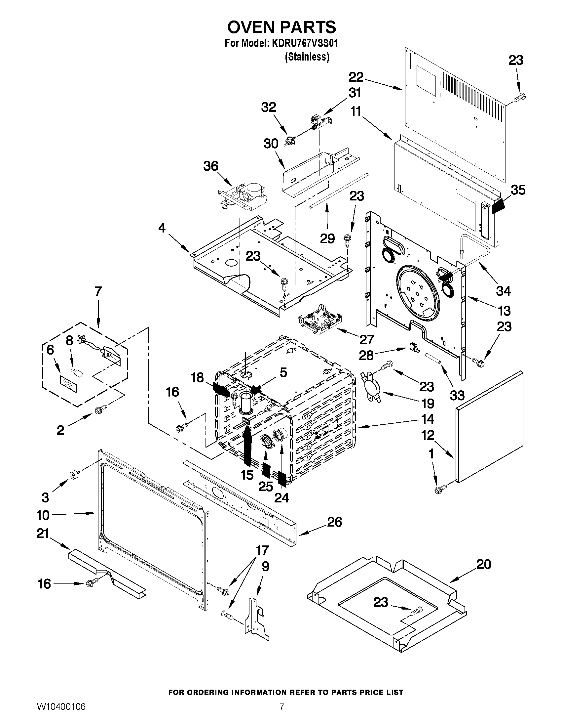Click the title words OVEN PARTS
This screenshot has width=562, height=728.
tap(281, 27)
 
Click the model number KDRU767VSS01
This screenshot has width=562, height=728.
tap(304, 44)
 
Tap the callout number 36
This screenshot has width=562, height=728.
tap(210, 166)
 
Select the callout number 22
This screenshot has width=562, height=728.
tap(356, 77)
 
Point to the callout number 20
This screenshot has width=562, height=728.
tap(483, 564)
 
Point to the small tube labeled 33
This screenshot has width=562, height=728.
tap(433, 359)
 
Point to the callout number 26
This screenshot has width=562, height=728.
tap(335, 522)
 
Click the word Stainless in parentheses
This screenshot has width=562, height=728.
tap(307, 57)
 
